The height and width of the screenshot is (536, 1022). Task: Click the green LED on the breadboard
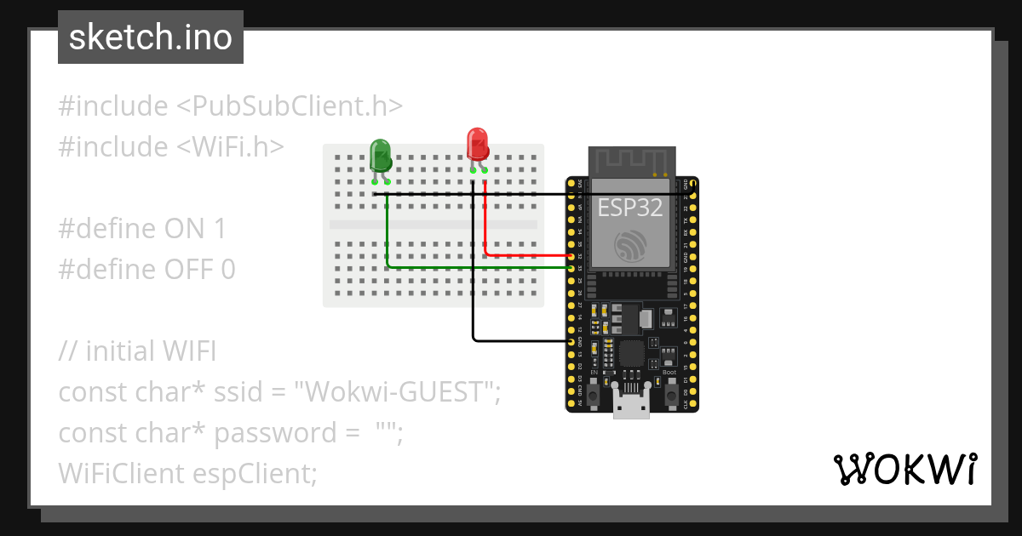pyautogui.click(x=380, y=156)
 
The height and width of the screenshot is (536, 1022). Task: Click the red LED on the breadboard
pyautogui.click(x=478, y=144)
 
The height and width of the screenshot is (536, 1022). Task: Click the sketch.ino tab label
pyautogui.click(x=151, y=38)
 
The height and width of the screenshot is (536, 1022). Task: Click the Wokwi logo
pyautogui.click(x=904, y=469)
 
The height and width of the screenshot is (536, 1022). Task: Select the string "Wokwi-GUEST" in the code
pyautogui.click(x=395, y=392)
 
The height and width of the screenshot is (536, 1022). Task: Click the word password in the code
pyautogui.click(x=275, y=433)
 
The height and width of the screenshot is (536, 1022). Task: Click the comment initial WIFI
pyautogui.click(x=151, y=351)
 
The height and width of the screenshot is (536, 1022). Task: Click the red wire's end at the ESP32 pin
pyautogui.click(x=571, y=255)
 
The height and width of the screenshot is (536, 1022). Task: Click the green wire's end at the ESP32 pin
pyautogui.click(x=571, y=268)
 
